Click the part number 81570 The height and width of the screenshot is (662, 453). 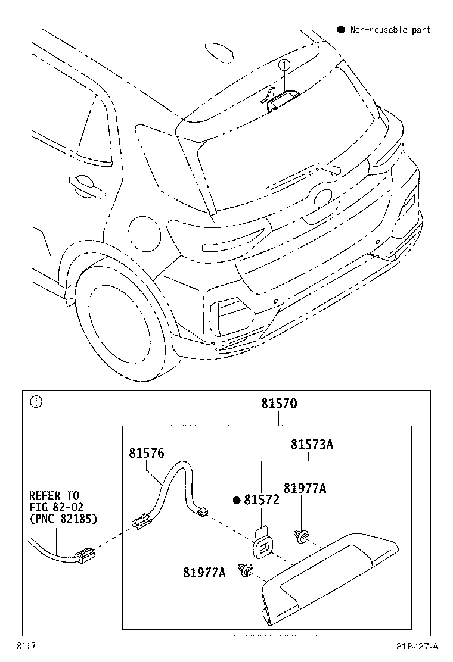tap(278, 404)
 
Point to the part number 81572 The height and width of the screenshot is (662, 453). tap(261, 501)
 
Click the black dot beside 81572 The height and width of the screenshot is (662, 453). tap(237, 501)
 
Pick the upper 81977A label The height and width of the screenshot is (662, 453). tap(305, 488)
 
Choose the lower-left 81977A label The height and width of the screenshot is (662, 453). tap(204, 573)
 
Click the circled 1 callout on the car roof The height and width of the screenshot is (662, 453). tap(285, 64)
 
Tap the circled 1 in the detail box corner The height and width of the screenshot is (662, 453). tap(36, 402)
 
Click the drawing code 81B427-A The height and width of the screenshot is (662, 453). tap(417, 646)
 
